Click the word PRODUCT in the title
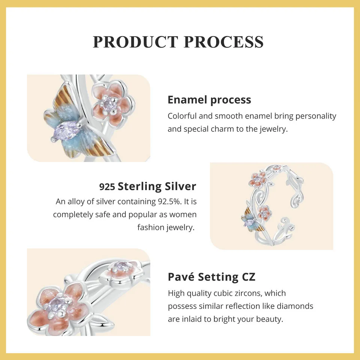[x=136, y=42]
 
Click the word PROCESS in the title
[x=224, y=42]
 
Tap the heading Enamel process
[x=209, y=100]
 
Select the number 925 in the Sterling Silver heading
[x=107, y=187]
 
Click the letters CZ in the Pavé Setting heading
[x=248, y=277]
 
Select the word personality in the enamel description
[x=316, y=116]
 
